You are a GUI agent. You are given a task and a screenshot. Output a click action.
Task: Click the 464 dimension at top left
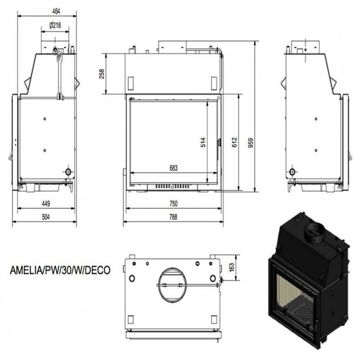pyautogui.click(x=56, y=12)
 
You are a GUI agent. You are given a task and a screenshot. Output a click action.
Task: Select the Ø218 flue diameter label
pyautogui.click(x=55, y=25)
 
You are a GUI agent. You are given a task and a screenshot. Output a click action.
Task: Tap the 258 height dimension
pyautogui.click(x=102, y=74)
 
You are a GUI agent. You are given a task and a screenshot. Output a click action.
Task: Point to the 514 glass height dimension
pyautogui.click(x=203, y=142)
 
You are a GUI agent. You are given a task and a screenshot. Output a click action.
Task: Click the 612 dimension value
pyautogui.click(x=234, y=142)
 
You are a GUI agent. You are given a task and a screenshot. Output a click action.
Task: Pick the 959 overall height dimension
pyautogui.click(x=251, y=143)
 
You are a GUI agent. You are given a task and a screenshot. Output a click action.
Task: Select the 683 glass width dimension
pyautogui.click(x=174, y=168)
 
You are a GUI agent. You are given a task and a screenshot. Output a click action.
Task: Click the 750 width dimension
pyautogui.click(x=174, y=204)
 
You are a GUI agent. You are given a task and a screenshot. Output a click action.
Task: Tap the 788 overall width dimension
pyautogui.click(x=173, y=217)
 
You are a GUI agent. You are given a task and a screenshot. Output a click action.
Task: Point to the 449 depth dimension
pyautogui.click(x=46, y=204)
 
